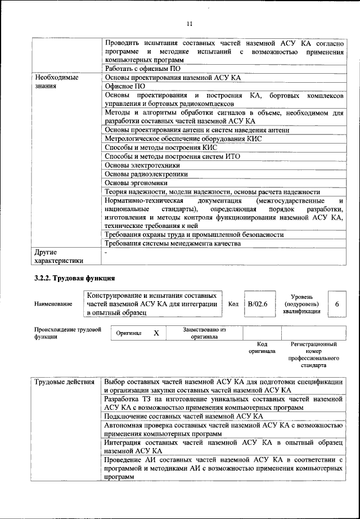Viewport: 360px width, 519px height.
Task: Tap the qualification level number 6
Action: tap(336, 304)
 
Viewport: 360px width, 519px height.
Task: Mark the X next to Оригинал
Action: tap(156, 333)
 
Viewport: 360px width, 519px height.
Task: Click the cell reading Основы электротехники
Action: tap(143, 165)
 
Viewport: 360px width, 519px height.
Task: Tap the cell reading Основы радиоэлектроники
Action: tap(146, 175)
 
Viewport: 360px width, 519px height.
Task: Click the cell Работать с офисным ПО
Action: tap(144, 69)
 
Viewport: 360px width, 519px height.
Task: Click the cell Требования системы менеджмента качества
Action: tap(173, 244)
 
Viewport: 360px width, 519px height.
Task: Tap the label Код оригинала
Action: tap(262, 347)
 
